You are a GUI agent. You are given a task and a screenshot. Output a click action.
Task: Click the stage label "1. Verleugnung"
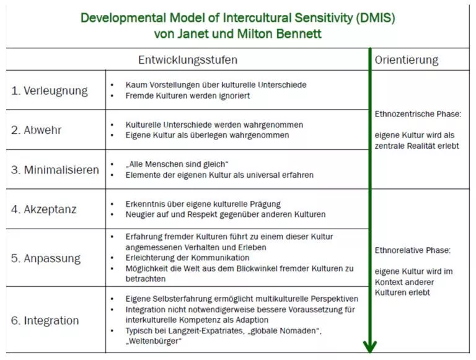pyautogui.click(x=50, y=90)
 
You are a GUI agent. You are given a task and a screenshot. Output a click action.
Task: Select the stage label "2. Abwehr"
pyautogui.click(x=36, y=130)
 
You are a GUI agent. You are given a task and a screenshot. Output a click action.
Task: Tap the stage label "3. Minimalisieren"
pyautogui.click(x=55, y=170)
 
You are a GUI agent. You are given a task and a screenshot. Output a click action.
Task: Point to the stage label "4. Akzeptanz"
pyautogui.click(x=44, y=209)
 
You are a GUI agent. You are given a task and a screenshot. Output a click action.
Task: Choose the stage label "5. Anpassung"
pyautogui.click(x=46, y=258)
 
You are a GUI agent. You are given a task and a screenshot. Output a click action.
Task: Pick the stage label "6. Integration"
pyautogui.click(x=45, y=320)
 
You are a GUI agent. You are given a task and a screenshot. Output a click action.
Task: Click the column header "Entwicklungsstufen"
pyautogui.click(x=188, y=60)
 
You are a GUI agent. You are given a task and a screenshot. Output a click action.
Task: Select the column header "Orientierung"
pyautogui.click(x=407, y=60)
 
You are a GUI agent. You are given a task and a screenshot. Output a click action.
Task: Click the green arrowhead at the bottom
pyautogui.click(x=370, y=346)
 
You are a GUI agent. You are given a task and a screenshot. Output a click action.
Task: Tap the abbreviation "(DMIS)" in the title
pyautogui.click(x=376, y=18)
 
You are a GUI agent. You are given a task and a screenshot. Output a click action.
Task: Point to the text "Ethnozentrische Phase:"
pyautogui.click(x=418, y=114)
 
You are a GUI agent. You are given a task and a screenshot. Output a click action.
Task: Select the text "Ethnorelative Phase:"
pyautogui.click(x=413, y=250)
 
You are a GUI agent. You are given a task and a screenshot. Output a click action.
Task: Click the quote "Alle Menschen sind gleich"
pyautogui.click(x=177, y=164)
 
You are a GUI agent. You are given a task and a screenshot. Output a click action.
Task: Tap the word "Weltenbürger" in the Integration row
pyautogui.click(x=154, y=341)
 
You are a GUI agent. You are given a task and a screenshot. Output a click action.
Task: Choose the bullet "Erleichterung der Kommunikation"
pyautogui.click(x=187, y=258)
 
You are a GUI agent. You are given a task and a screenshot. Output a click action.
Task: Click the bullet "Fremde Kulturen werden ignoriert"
pyautogui.click(x=188, y=96)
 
